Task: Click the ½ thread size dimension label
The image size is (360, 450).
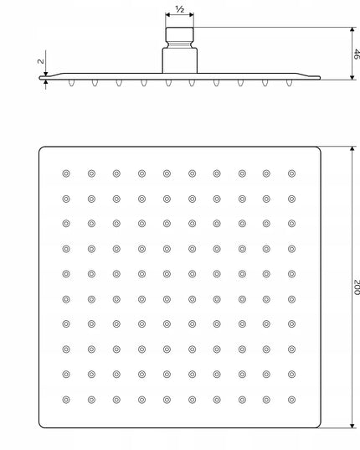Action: tap(180, 9)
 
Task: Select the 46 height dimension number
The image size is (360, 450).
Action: tap(357, 54)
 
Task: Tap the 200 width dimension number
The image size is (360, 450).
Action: tap(357, 287)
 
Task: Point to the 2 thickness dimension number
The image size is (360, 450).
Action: tap(41, 61)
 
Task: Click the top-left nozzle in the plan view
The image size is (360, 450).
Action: tap(66, 173)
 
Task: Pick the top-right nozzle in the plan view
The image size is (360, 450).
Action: tap(292, 173)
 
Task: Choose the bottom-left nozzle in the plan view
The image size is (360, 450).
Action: tap(66, 400)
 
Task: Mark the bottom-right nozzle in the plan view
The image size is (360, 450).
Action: tap(292, 400)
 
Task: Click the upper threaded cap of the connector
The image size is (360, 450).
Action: tap(180, 34)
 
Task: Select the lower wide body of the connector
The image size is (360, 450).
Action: tap(180, 60)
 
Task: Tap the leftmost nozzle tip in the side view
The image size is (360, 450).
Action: tap(71, 83)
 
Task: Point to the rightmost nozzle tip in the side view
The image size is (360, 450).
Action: tap(290, 83)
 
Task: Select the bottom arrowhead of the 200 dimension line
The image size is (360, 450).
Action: tap(352, 425)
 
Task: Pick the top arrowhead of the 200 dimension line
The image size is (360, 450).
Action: tap(352, 150)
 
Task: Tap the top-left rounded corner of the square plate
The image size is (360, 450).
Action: tap(40, 148)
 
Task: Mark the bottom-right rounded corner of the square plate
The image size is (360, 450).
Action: tap(319, 427)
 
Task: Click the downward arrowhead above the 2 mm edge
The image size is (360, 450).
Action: tap(45, 74)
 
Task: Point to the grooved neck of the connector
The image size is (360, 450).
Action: tap(180, 44)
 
